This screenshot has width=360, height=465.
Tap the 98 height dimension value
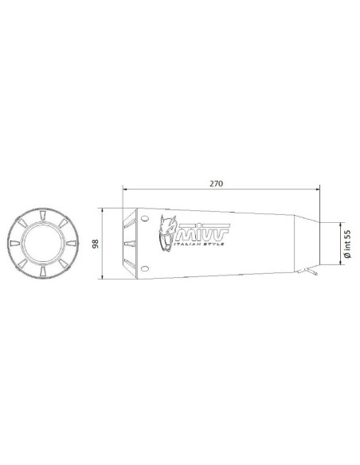coord(96,244)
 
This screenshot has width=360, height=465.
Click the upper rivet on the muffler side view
coord(144,217)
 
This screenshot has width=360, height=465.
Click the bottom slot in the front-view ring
coord(40,271)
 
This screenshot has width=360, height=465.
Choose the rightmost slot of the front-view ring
coord(66,244)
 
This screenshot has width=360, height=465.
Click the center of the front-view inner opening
coord(40,244)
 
